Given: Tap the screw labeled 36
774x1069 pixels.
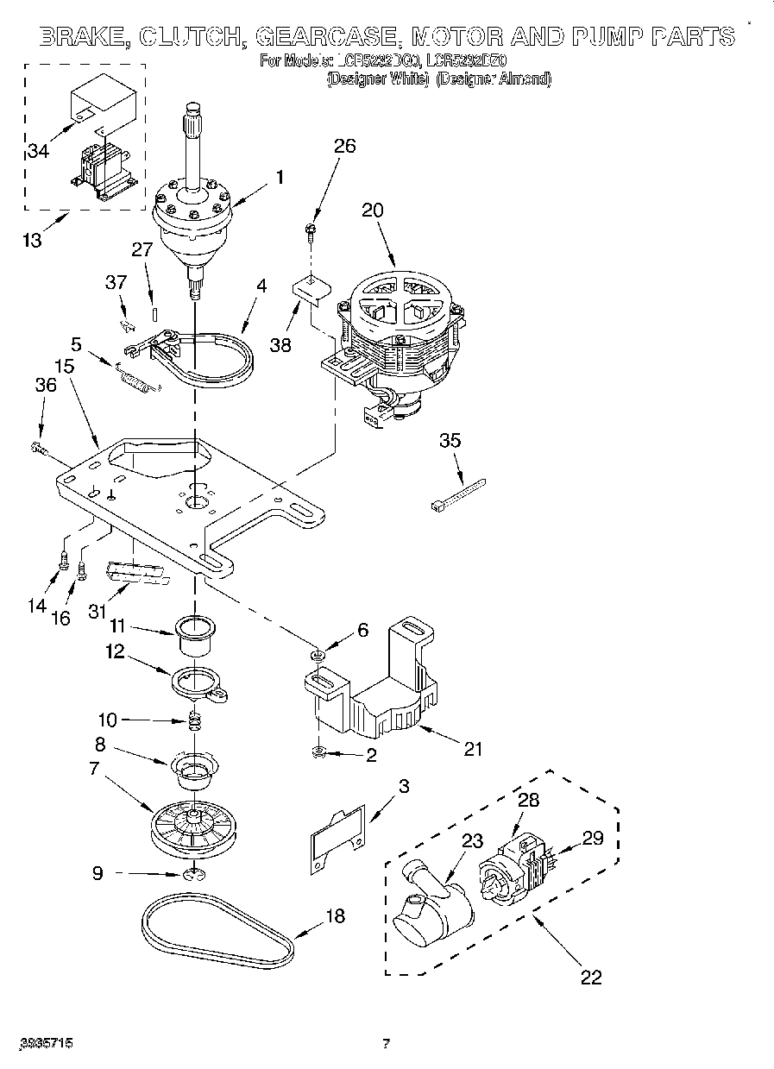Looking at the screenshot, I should (x=38, y=448).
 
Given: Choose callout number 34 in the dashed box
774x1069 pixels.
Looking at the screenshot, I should (x=37, y=151).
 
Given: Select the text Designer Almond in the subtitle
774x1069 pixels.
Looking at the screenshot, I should (x=493, y=79).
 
